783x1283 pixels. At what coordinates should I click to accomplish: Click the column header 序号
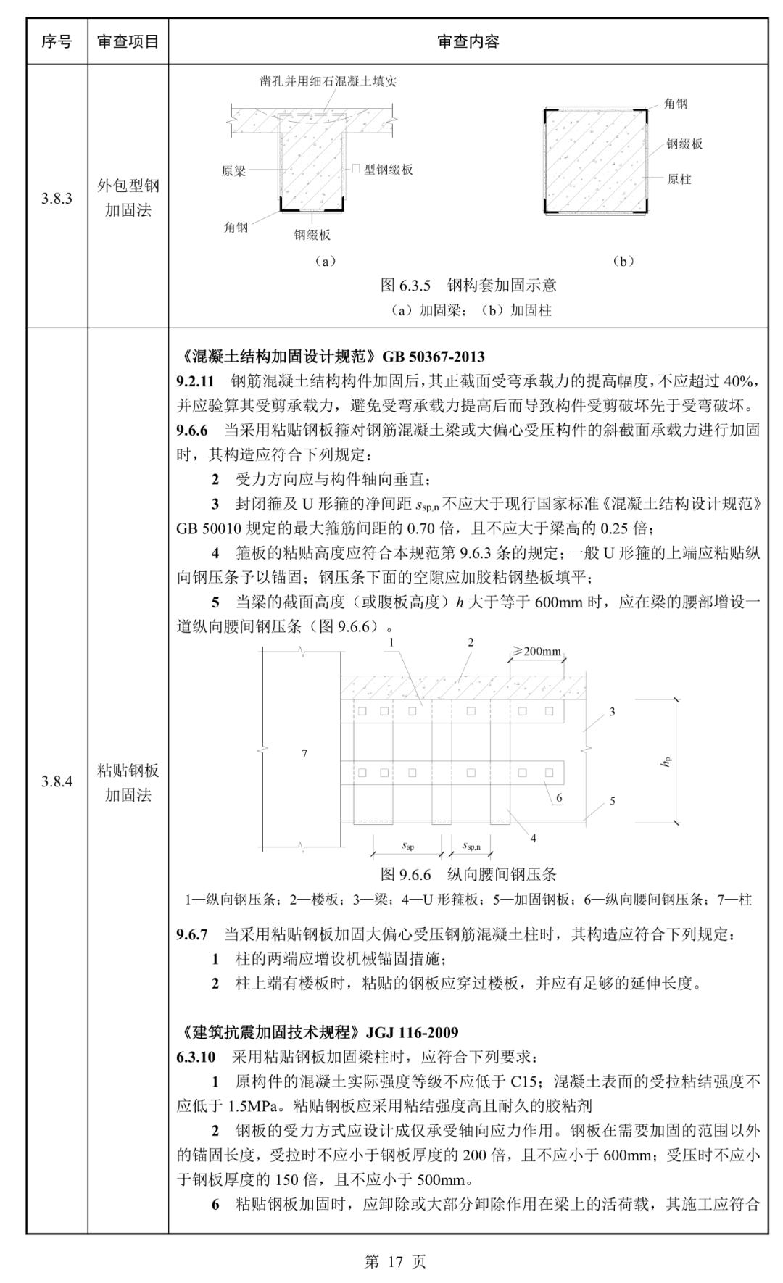click(x=57, y=41)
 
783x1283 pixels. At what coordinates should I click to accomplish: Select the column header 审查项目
click(x=128, y=41)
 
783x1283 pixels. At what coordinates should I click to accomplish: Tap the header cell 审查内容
click(x=468, y=41)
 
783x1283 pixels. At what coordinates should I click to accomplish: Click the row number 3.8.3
click(x=57, y=199)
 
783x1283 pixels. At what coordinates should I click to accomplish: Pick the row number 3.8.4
click(x=57, y=781)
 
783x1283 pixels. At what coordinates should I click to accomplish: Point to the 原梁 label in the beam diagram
click(x=233, y=172)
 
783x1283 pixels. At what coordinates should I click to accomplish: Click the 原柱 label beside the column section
click(x=679, y=179)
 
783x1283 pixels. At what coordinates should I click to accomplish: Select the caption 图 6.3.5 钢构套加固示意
click(x=468, y=286)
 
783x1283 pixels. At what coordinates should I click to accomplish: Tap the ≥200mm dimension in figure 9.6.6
click(x=537, y=651)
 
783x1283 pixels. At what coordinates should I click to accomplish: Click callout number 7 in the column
click(x=304, y=754)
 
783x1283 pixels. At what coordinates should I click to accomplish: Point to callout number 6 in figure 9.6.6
click(x=559, y=797)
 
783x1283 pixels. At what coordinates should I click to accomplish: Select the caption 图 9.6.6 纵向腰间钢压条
click(x=468, y=875)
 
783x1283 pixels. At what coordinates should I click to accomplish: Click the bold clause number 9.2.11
click(x=195, y=381)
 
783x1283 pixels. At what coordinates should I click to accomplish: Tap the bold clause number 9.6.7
click(x=191, y=934)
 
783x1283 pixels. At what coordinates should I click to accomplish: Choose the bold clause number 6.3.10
click(x=195, y=1057)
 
